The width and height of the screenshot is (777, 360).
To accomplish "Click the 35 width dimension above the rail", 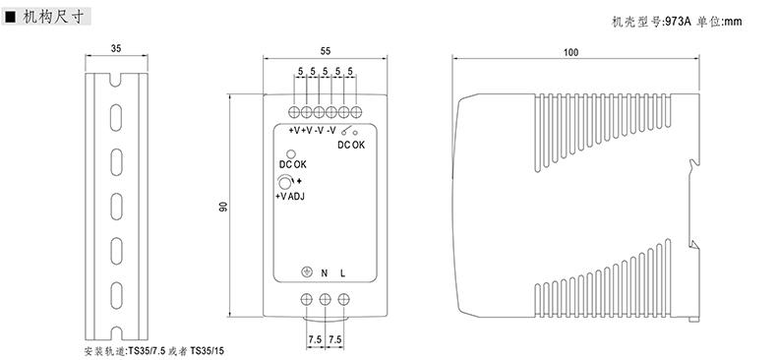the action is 116,48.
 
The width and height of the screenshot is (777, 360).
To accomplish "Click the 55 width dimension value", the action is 326,51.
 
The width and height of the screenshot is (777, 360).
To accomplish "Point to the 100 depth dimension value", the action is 570,53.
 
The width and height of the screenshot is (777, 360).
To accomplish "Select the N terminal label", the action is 325,272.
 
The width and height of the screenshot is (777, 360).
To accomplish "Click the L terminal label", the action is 343,272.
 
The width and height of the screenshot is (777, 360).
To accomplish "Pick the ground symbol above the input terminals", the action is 307,271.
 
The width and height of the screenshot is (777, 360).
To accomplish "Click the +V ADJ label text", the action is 290,197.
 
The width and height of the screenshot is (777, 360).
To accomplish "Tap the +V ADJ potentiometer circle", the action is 284,182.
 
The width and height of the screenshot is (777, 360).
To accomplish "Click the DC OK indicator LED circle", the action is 291,153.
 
